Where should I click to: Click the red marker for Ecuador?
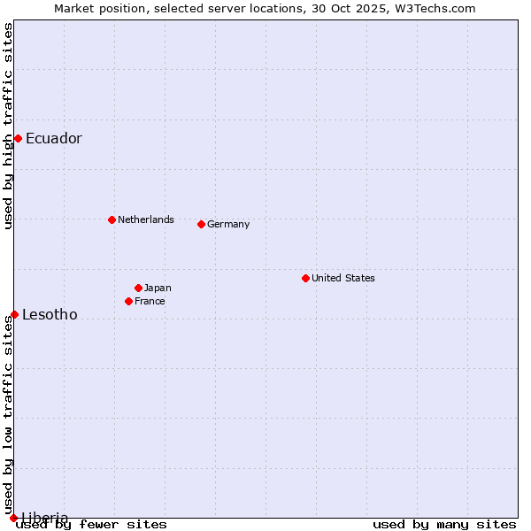(18, 138)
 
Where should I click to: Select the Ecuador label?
(53, 138)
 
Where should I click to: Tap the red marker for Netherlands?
(112, 219)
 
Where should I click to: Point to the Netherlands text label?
(146, 219)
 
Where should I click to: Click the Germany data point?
(201, 224)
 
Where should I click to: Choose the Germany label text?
(228, 224)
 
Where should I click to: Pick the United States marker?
(305, 278)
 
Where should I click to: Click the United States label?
(343, 278)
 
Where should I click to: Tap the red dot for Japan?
(138, 288)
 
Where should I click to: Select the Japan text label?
(158, 288)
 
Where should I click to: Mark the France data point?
(128, 301)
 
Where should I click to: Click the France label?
(150, 301)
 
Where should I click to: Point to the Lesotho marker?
(14, 314)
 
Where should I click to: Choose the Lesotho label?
(50, 314)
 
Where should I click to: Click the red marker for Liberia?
(13, 518)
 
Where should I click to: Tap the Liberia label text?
(44, 518)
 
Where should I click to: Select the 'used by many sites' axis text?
(444, 524)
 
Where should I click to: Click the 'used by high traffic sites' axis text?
(8, 126)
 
